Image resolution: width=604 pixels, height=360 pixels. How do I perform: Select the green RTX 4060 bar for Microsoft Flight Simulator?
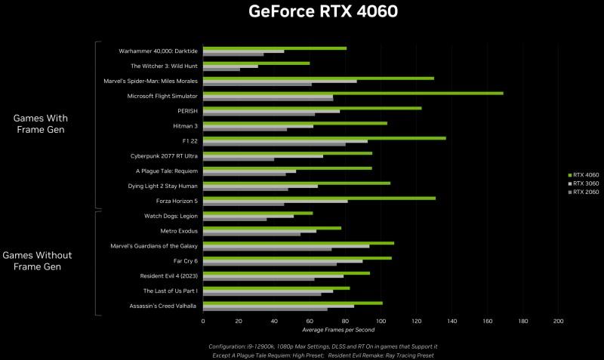353,94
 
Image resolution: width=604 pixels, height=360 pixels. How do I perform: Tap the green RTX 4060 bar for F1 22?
324,138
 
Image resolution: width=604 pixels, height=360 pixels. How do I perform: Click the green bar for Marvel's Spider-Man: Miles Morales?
318,78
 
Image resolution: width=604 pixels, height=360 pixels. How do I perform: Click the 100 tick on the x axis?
381,321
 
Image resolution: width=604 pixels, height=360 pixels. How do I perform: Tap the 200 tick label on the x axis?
559,321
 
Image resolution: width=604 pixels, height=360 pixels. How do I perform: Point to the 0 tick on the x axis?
203,321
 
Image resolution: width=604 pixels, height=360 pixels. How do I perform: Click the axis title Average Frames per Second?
337,330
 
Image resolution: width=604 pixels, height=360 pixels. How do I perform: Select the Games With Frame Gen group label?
41,124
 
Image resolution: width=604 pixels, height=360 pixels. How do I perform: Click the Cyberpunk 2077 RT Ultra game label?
164,156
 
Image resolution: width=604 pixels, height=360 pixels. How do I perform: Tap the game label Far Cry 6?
185,260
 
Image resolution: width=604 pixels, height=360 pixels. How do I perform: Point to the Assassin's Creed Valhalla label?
163,306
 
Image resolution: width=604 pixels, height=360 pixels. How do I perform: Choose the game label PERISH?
187,111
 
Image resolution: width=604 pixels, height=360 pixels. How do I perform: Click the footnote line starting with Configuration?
322,346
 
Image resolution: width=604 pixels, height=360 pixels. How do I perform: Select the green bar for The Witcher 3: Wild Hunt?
256,63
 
